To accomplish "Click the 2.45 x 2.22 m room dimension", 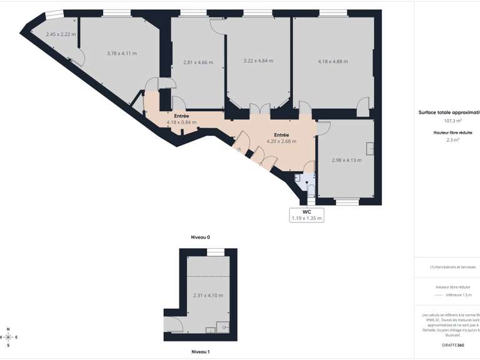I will [61, 34].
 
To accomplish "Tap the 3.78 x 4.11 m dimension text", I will [122, 53].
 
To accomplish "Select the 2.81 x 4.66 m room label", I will [197, 62].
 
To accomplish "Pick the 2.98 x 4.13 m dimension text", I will [346, 159].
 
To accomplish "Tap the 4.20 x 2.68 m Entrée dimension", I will [281, 141].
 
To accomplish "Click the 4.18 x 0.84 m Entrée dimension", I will [181, 122].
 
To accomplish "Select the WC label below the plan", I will [306, 212].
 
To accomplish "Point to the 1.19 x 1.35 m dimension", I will [306, 218].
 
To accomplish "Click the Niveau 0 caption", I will [201, 237].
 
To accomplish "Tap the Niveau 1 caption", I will [200, 352].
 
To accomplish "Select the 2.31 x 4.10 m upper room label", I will [208, 295].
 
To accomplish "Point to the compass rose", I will [8, 337].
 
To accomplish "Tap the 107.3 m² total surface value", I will [453, 121].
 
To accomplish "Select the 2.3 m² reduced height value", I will [453, 140].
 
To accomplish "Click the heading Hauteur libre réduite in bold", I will [453, 132].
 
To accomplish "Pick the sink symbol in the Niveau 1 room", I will [224, 326].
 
